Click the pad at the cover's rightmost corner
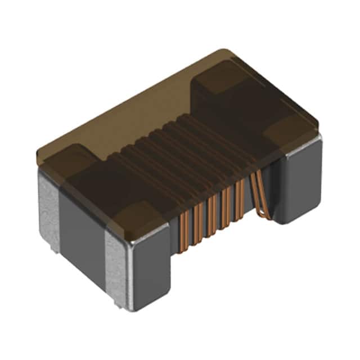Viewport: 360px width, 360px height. click(x=292, y=132)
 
